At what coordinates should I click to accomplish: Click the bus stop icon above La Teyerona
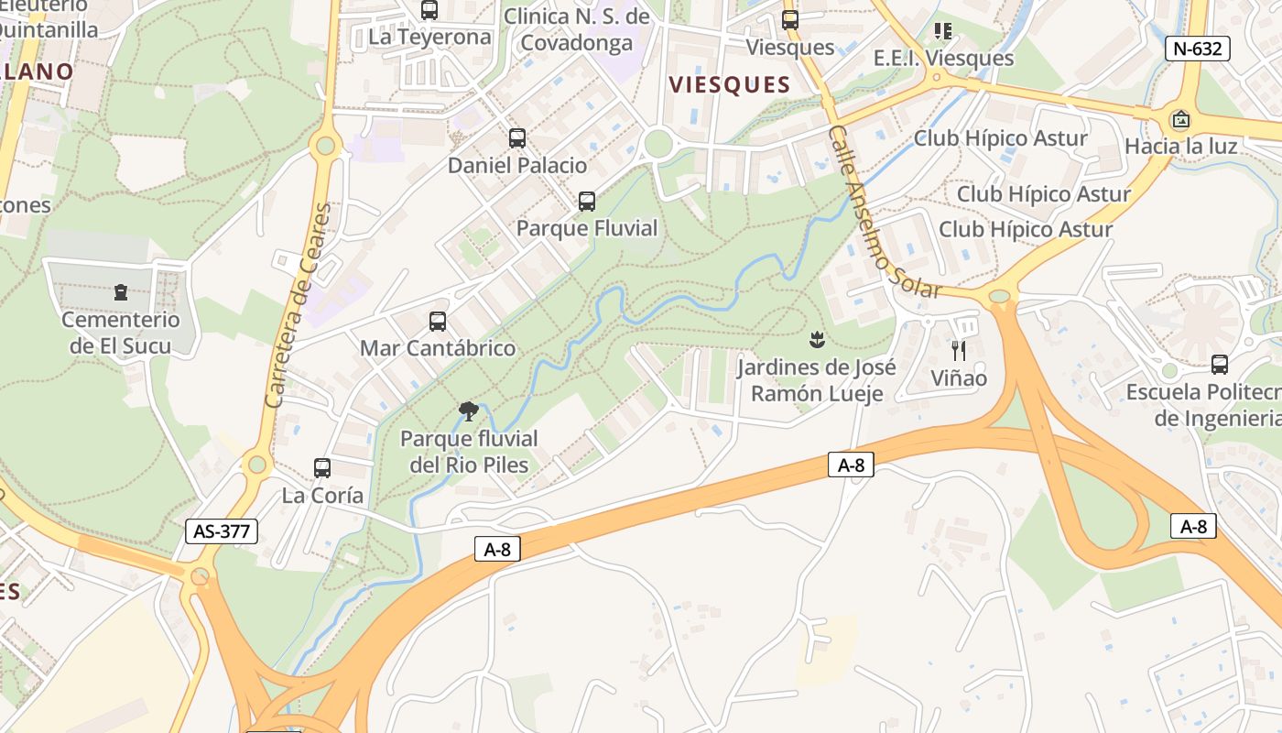429,10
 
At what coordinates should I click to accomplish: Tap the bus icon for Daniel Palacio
517,138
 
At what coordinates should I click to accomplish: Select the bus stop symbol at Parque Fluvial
587,201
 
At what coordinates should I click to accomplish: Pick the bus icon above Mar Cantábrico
438,322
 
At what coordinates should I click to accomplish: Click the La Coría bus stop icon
322,468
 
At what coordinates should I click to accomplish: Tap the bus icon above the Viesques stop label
790,19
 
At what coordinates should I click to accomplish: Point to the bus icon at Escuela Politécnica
1220,364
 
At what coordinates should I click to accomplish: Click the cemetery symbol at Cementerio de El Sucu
121,292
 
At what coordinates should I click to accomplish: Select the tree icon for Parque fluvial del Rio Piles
469,410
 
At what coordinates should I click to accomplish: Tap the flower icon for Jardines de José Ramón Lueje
816,341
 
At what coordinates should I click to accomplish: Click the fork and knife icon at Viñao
959,350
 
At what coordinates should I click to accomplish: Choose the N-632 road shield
1197,49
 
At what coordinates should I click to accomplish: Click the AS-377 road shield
222,531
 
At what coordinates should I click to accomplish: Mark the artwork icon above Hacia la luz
1181,119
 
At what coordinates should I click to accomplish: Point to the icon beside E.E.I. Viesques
943,31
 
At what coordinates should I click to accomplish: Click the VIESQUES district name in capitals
730,85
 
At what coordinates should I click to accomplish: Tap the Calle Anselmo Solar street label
884,213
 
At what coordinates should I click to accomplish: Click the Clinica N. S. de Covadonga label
577,29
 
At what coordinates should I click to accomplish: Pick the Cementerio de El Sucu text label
121,333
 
